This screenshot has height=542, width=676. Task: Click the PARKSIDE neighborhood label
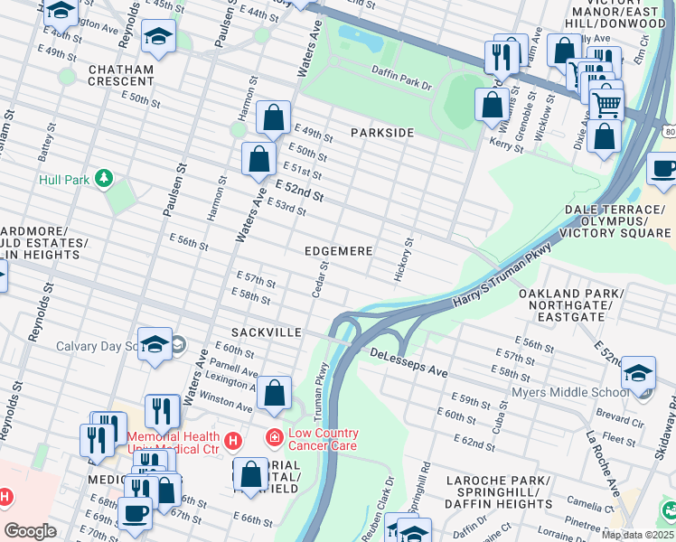click(x=382, y=133)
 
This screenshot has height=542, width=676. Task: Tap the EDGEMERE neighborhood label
click(x=338, y=250)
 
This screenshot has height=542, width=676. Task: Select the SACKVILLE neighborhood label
click(x=266, y=332)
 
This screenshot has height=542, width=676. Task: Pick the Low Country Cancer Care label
click(x=324, y=439)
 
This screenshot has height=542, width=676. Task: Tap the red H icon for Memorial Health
click(x=233, y=440)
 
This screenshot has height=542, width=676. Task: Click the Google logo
click(x=31, y=531)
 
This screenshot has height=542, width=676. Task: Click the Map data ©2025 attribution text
click(x=637, y=535)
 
